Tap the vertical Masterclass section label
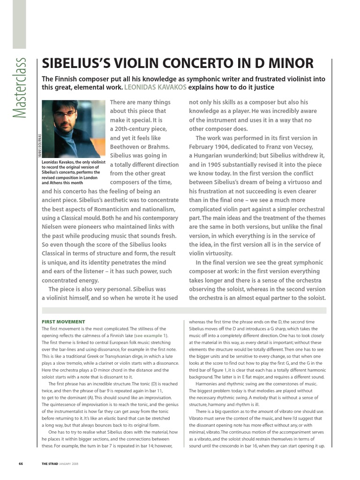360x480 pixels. (x=20, y=89)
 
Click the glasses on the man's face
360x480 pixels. (x=65, y=114)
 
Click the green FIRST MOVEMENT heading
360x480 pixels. (x=63, y=322)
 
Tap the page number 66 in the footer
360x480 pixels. (x=21, y=464)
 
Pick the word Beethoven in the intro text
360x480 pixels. (x=128, y=147)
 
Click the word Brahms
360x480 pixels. (x=164, y=147)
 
